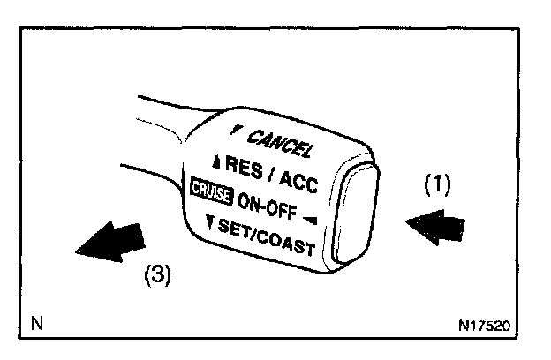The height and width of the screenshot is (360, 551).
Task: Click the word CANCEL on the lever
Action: (x=280, y=141)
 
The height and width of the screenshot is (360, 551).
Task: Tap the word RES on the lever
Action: (x=244, y=165)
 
